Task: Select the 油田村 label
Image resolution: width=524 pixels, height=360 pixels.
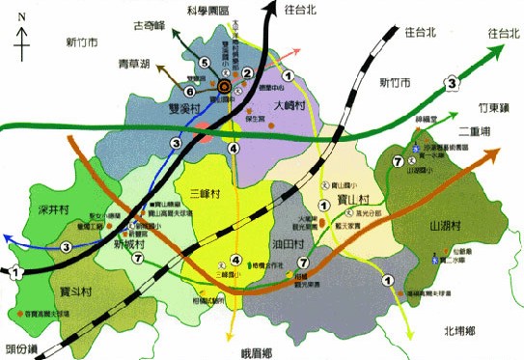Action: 288,244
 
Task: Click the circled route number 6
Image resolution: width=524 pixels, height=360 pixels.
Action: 190,92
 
